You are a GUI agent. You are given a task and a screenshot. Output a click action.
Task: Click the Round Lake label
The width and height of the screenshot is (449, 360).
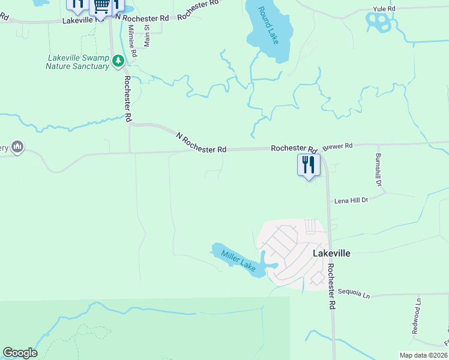coord(268,26)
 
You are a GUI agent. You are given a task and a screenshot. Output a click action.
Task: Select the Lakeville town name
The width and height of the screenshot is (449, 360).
coord(331,253)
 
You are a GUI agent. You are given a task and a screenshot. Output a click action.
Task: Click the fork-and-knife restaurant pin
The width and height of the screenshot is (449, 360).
coord(309,164)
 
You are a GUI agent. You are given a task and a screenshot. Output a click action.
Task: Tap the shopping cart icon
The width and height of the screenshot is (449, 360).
coord(102,7)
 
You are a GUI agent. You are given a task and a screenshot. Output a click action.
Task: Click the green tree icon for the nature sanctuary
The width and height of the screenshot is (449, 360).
coord(119,60)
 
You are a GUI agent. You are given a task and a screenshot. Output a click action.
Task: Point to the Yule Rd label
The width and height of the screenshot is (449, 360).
coord(384,9)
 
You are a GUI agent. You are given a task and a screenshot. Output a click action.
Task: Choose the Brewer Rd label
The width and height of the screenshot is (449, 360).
coord(337,146)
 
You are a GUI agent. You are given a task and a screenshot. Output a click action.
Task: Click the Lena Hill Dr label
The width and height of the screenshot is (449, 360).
coord(350,200)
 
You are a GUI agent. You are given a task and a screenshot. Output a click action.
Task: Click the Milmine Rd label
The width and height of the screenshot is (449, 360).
coord(132,44)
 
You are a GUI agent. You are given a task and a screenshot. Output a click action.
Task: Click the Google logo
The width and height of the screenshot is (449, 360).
coord(20,353)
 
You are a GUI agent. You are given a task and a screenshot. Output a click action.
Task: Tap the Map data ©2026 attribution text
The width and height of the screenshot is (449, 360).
coord(423,355)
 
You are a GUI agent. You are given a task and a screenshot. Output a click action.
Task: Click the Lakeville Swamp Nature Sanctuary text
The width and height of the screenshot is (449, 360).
coord(77,62)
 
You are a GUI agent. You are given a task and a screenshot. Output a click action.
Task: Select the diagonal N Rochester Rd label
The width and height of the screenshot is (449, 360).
coord(202,143)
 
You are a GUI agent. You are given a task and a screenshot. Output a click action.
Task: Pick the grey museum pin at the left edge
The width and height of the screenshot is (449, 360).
coord(17,146)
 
